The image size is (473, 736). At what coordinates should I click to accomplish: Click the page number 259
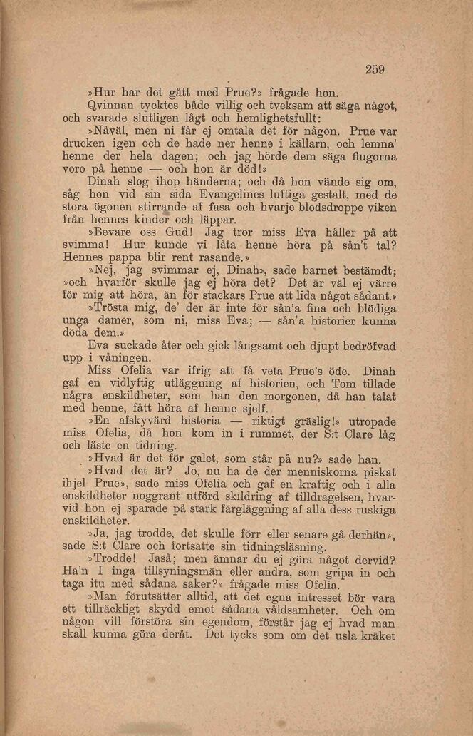[x=375, y=69]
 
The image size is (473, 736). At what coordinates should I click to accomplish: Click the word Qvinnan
[x=111, y=105]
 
